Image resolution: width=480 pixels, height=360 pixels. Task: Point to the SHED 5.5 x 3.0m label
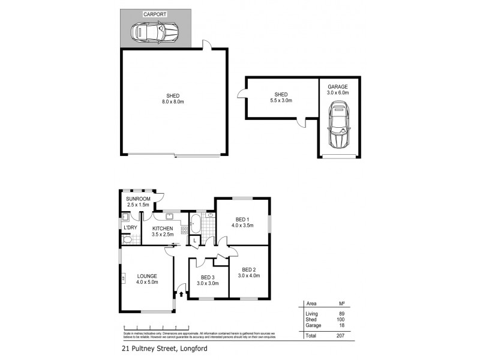(x=281, y=97)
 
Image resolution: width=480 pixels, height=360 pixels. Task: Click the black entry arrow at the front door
(x=181, y=294)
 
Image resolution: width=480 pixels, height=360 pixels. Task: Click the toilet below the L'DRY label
(x=127, y=239)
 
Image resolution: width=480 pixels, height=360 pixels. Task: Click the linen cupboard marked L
(x=195, y=241)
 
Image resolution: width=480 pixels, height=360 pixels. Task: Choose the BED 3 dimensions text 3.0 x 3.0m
(x=208, y=283)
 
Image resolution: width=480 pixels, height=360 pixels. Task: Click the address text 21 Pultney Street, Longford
(x=161, y=347)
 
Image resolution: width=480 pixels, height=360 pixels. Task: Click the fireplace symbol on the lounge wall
(x=122, y=278)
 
